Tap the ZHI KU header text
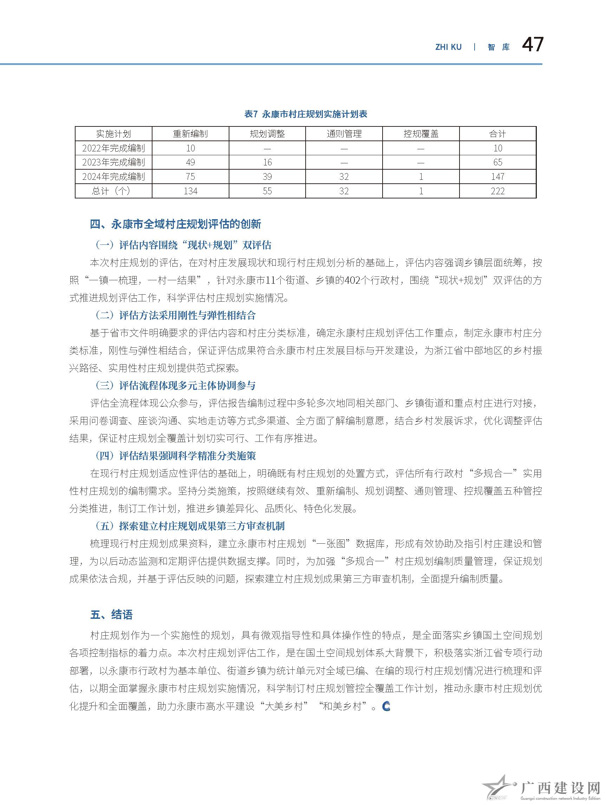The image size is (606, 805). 448,47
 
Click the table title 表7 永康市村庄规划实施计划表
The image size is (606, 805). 306,114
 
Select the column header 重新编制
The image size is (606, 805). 190,134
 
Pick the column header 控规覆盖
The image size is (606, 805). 421,134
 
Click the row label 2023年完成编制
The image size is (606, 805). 113,162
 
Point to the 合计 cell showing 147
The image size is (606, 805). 497,177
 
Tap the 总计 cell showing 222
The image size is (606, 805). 497,191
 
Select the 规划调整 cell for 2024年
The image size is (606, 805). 267,177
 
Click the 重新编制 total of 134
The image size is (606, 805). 190,191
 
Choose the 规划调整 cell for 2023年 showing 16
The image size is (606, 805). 267,162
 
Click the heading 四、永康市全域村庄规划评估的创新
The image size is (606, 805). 175,224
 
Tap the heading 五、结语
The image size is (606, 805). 111,615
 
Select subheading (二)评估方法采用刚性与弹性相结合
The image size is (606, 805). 175,315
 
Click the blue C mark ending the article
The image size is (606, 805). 386,707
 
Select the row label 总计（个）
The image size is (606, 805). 113,191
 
